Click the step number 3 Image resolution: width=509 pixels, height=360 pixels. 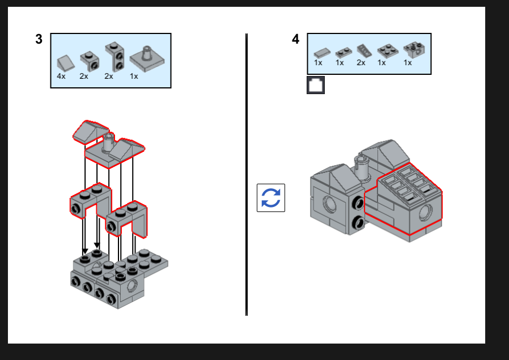[x=39, y=39]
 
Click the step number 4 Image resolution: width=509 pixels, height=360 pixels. [x=295, y=39]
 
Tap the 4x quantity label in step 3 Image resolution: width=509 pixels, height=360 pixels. [x=61, y=76]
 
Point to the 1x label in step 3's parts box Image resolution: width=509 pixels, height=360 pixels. [x=134, y=76]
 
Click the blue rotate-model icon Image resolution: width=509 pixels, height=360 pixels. [x=271, y=198]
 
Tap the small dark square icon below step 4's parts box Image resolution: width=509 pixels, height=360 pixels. [x=316, y=85]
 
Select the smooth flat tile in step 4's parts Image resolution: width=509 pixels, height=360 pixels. [x=321, y=52]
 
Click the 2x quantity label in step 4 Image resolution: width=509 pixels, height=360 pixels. [x=361, y=62]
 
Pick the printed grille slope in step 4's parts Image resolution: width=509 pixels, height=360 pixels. [x=363, y=51]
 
